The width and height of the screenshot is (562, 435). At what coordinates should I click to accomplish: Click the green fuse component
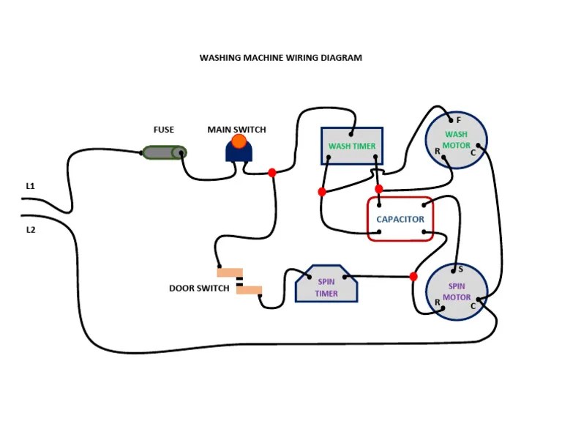coord(164,152)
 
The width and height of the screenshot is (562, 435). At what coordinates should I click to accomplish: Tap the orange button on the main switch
coord(239,141)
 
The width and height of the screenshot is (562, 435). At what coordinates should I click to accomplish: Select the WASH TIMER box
coord(351,146)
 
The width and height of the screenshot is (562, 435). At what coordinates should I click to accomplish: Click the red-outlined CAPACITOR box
coord(400,219)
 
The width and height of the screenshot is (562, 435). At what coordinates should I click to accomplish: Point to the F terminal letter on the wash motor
coord(458,120)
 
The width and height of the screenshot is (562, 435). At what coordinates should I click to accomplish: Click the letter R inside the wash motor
coord(437,152)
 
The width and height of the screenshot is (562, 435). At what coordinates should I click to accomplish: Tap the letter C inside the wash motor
coord(473,152)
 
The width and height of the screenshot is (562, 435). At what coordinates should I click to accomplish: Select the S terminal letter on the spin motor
coord(460,269)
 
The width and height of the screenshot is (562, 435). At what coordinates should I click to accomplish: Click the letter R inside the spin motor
coord(437,302)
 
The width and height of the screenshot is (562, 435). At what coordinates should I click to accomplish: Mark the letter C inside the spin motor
coord(473,305)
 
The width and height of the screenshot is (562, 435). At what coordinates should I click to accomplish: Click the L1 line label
coord(31,186)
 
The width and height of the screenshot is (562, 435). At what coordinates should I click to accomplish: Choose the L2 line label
coord(31,230)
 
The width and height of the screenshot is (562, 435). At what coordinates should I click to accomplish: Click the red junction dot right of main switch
coord(272,173)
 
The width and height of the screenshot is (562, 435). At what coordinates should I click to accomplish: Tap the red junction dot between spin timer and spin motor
coord(413,277)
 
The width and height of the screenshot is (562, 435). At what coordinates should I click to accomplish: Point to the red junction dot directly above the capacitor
coord(378,189)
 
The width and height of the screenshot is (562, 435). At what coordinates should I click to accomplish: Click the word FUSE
coord(164,130)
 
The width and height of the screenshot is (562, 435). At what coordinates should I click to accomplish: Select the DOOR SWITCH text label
coord(199,289)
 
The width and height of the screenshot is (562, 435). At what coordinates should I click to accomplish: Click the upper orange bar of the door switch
coord(229,273)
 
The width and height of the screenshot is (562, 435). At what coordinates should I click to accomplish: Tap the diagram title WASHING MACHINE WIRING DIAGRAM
coord(281,57)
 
